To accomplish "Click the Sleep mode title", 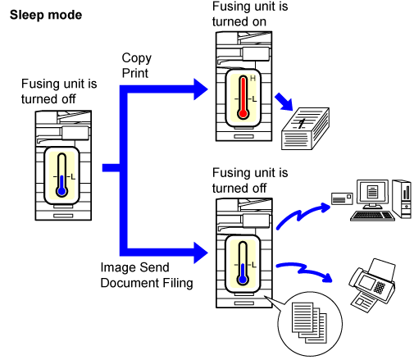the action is pyautogui.click(x=46, y=15).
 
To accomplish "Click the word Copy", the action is pyautogui.click(x=137, y=58).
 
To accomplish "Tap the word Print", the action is pyautogui.click(x=135, y=73).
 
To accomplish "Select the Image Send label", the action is pyautogui.click(x=134, y=267).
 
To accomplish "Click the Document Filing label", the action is pyautogui.click(x=147, y=283).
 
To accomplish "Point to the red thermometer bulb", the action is pyautogui.click(x=243, y=113).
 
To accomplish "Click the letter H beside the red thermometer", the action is pyautogui.click(x=252, y=79).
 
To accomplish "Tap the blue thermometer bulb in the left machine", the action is pyautogui.click(x=62, y=191).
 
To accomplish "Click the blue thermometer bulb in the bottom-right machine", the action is pyautogui.click(x=243, y=280).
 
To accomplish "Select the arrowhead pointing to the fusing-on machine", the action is pyautogui.click(x=201, y=89).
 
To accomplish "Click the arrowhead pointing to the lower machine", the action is pyautogui.click(x=201, y=253).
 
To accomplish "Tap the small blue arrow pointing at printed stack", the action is pyautogui.click(x=284, y=102).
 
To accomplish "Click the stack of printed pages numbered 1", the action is pyautogui.click(x=305, y=129).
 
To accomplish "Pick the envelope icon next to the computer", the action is pyautogui.click(x=342, y=198).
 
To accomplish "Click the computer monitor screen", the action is pyautogui.click(x=372, y=191).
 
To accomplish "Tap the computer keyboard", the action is pyautogui.click(x=372, y=216).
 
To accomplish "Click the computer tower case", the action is pyautogui.click(x=402, y=199).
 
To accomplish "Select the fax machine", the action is pyautogui.click(x=372, y=285).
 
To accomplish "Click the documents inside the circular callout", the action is pyautogui.click(x=309, y=322).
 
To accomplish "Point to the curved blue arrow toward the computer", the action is pyautogui.click(x=301, y=215).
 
